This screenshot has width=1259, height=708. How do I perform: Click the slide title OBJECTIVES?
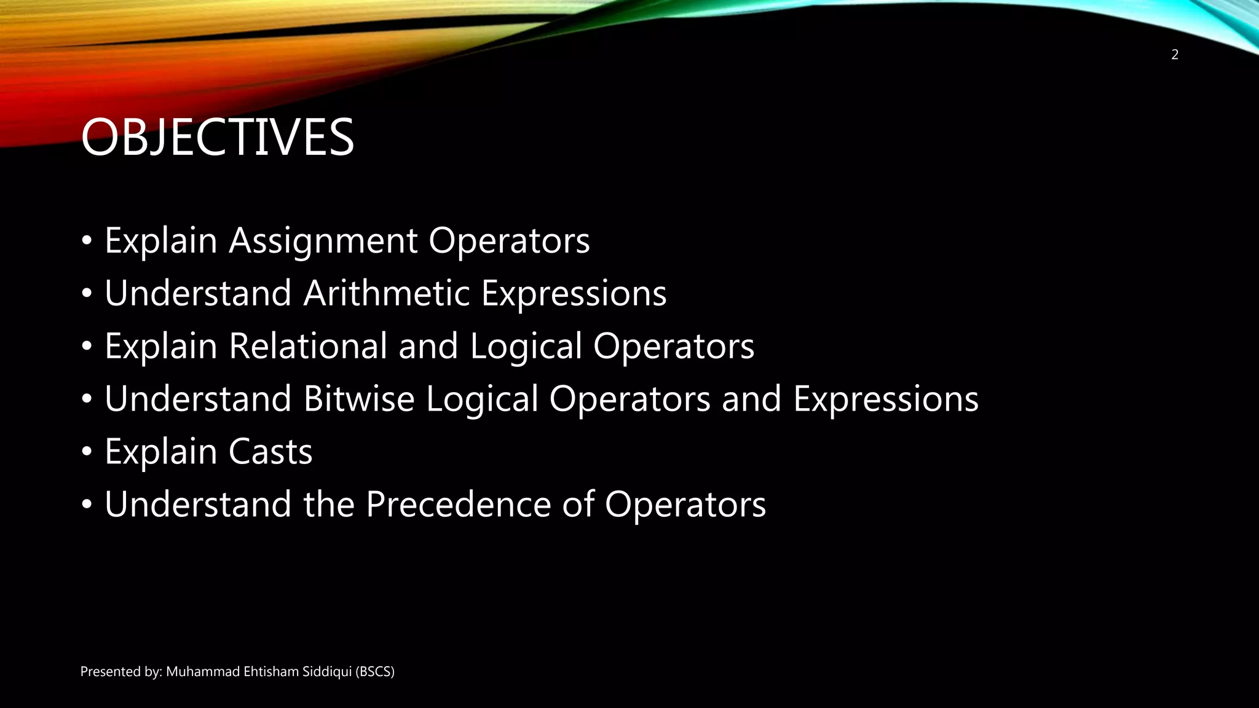tap(217, 137)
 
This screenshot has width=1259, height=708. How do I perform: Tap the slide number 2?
tap(1175, 55)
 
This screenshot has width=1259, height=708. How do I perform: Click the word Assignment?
tap(323, 240)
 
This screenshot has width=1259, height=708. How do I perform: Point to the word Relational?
tap(308, 346)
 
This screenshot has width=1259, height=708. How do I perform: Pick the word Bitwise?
tap(359, 399)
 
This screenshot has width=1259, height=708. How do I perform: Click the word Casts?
tap(270, 452)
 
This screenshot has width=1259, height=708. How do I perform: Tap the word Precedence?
tap(458, 505)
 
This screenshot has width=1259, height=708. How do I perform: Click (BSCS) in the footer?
tap(375, 672)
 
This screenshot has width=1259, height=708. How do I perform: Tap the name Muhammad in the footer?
tap(203, 672)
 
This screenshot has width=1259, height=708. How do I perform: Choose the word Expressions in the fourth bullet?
tap(886, 399)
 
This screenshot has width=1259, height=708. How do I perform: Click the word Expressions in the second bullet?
tap(574, 293)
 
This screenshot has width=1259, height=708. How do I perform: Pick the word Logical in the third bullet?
tap(526, 346)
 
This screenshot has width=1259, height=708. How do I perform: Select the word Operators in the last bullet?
tap(685, 505)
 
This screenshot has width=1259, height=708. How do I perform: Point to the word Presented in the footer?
tap(106, 672)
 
